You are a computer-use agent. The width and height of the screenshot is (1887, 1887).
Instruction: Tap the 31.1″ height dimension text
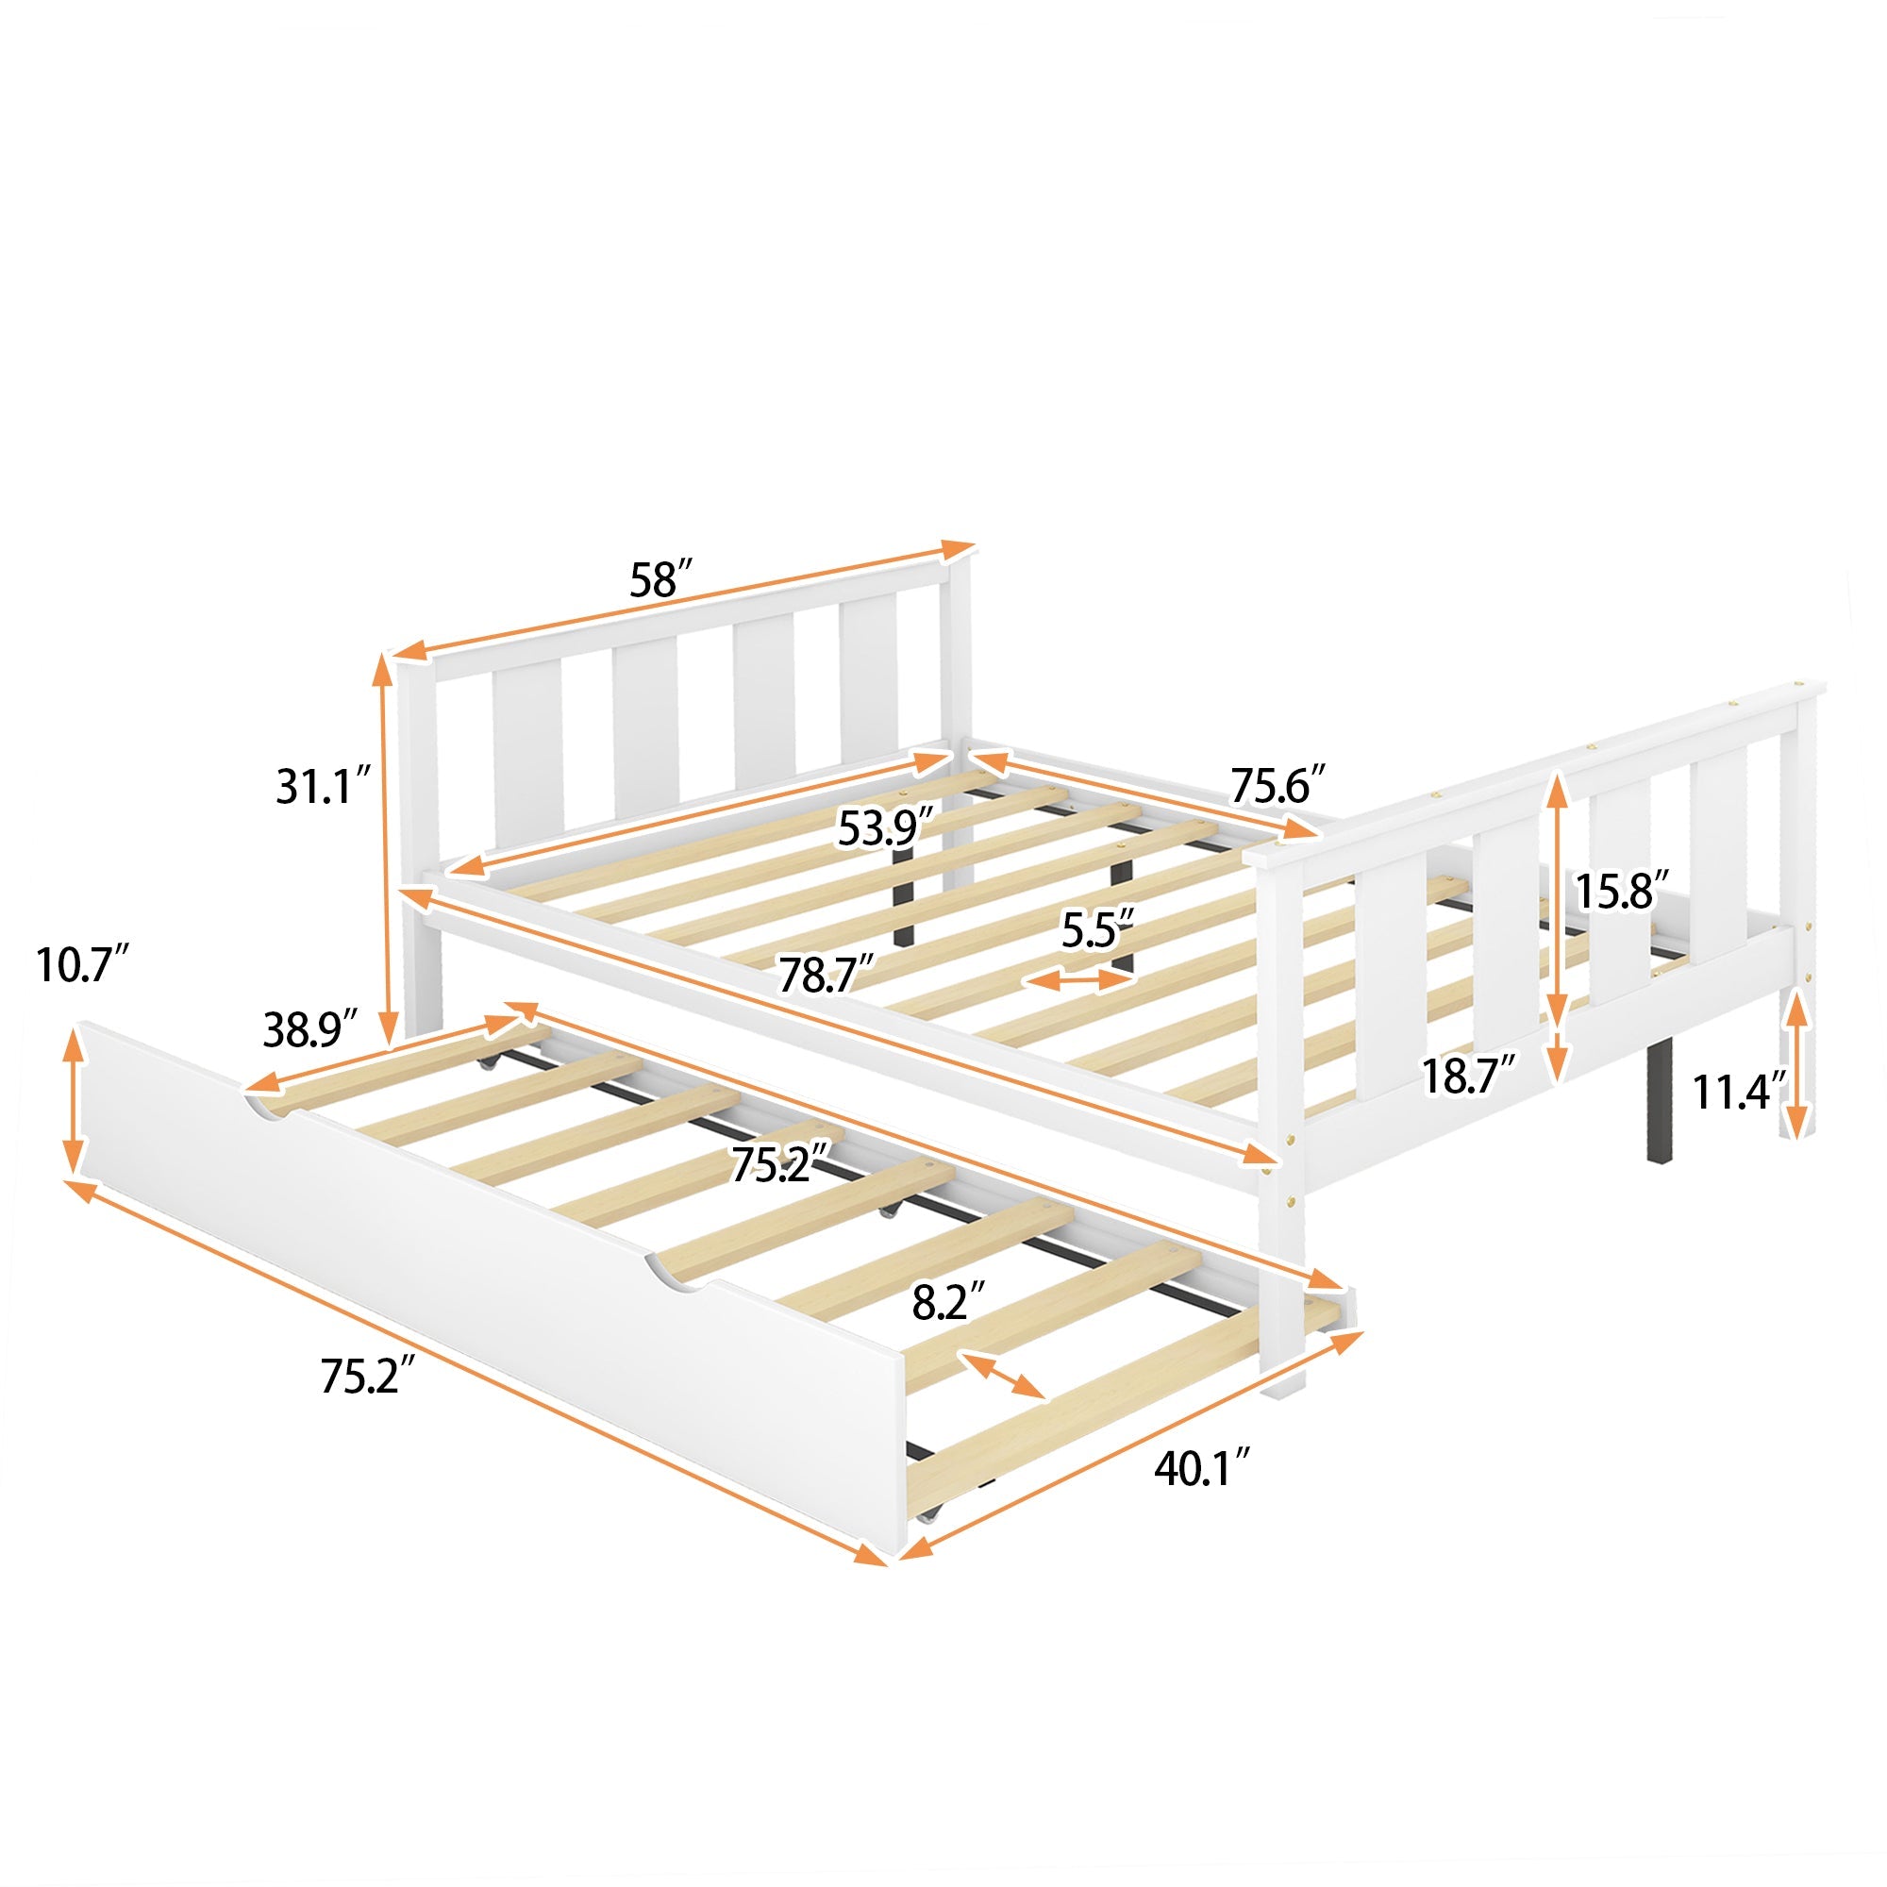coord(324,786)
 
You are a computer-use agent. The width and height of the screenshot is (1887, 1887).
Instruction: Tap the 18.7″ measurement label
coord(1468,1076)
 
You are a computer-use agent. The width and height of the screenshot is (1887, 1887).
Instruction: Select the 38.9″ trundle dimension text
coord(309,1028)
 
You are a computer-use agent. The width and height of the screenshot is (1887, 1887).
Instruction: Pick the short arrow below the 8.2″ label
coord(1002,1375)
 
